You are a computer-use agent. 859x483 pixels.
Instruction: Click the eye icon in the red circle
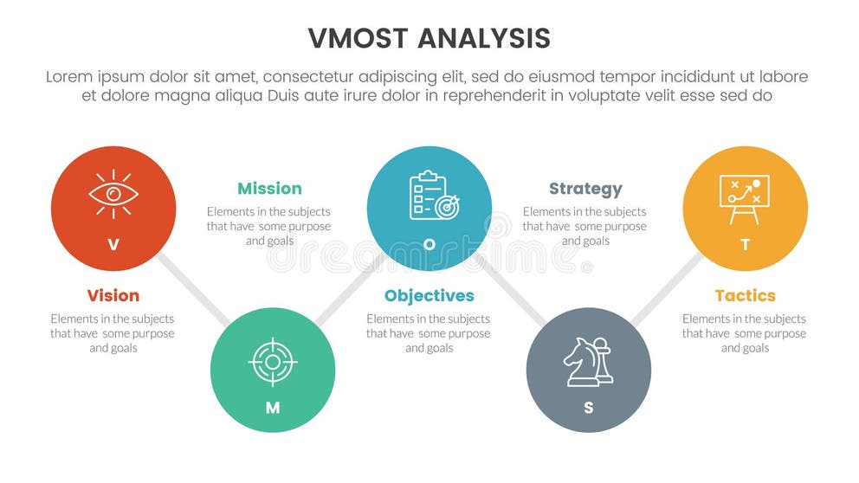pos(113,194)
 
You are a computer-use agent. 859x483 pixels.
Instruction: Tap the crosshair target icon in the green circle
pos(273,361)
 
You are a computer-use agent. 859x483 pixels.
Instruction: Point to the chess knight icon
pos(588,361)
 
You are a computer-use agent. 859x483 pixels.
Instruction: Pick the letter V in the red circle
pos(113,245)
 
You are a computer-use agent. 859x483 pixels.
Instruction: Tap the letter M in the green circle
pos(273,408)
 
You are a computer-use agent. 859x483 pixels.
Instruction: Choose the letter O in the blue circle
pos(429,245)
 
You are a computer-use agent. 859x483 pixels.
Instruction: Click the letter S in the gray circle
pos(589,408)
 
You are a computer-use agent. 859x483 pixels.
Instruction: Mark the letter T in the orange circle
pos(745,245)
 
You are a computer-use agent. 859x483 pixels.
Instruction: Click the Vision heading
pos(113,296)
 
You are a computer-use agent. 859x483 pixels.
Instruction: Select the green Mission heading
pos(269,189)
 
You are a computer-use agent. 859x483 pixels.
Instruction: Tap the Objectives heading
pos(429,296)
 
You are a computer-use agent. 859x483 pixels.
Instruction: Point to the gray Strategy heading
pos(585,189)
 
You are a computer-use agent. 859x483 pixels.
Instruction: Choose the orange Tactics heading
pos(745,296)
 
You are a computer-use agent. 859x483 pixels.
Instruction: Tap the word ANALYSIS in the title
pos(486,39)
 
